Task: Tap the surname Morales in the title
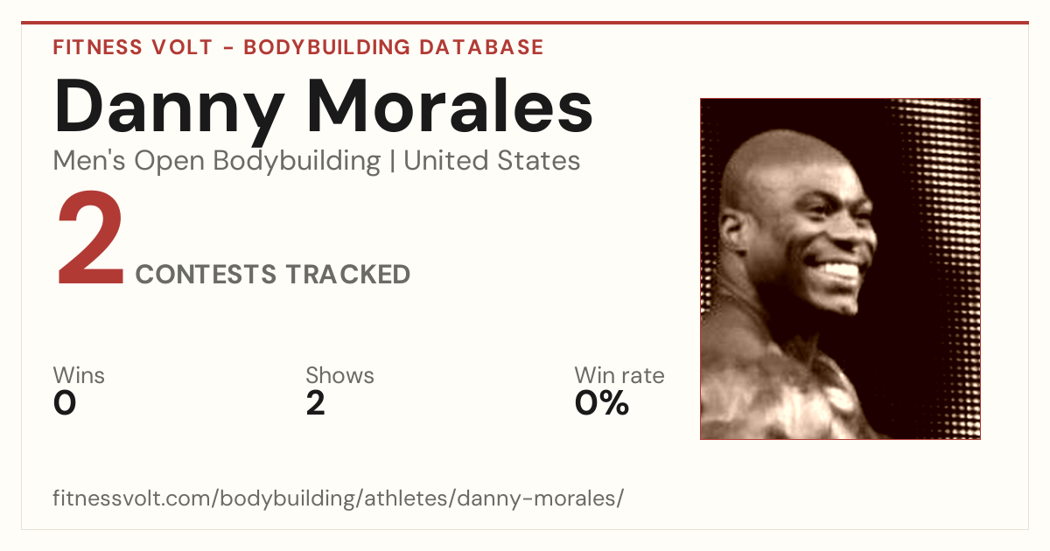(x=450, y=106)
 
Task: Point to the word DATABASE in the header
(x=481, y=47)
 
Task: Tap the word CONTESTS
(x=206, y=275)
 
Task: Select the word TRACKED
(x=348, y=275)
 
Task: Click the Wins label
(x=79, y=375)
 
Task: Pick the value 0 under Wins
(x=65, y=403)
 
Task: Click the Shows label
(x=339, y=375)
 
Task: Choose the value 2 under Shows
(x=316, y=403)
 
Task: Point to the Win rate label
(x=619, y=375)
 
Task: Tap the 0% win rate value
(x=602, y=403)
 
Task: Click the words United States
(x=492, y=161)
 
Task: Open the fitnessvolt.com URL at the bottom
(x=338, y=498)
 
